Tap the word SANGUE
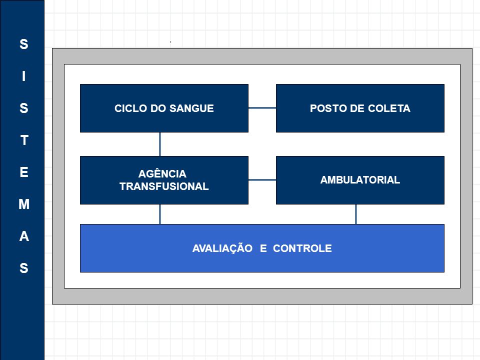coord(191,108)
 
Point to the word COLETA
coord(389,108)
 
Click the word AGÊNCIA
coord(162,173)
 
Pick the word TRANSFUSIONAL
coord(164,186)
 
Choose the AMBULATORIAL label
coord(360,179)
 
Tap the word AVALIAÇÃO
coord(222,248)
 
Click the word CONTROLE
coord(302,248)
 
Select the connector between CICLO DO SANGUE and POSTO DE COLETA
coord(262,108)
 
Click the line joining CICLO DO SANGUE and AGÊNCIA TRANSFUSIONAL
coord(160,144)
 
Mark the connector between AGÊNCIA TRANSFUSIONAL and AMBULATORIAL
coord(262,180)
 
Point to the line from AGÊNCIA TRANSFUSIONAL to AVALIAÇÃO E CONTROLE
coord(160,214)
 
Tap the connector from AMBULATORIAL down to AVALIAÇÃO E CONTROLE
coord(355,214)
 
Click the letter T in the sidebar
coord(24,140)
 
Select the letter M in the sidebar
coord(24,204)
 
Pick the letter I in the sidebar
coord(24,76)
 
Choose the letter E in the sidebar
coord(24,172)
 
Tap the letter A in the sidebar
coord(24,236)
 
